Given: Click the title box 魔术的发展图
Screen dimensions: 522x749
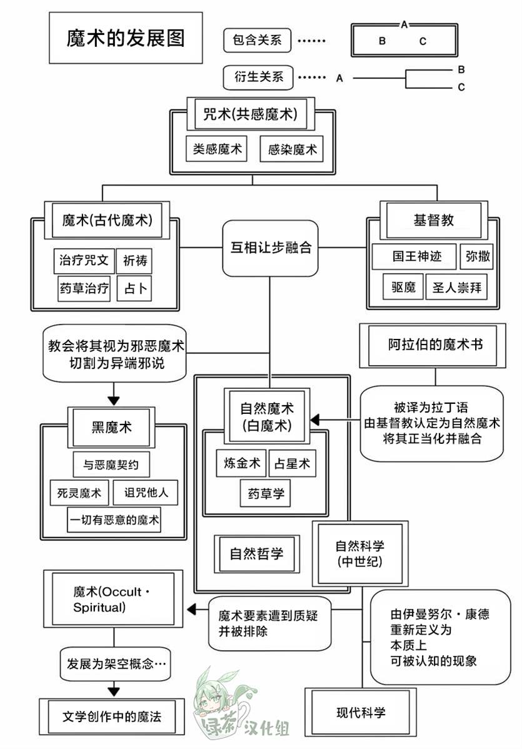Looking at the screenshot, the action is click(x=126, y=38).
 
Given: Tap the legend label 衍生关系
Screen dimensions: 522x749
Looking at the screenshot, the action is click(x=258, y=77).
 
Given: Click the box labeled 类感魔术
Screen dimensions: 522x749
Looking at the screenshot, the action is click(x=217, y=149).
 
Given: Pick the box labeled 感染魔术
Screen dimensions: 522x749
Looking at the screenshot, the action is click(x=292, y=149).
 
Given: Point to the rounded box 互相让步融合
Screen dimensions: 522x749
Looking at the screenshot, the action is click(x=270, y=248).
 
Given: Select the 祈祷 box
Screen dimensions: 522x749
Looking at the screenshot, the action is click(x=135, y=260).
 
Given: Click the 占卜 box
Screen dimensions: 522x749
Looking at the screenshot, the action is click(x=134, y=288).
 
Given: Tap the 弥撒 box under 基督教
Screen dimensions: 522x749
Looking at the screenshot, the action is click(x=478, y=256).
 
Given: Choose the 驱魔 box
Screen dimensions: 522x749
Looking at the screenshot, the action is click(x=403, y=287).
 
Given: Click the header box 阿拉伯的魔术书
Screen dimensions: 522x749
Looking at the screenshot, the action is click(x=433, y=345).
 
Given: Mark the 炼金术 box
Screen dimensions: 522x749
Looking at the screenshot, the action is click(x=241, y=463).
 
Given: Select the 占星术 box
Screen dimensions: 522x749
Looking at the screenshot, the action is click(x=293, y=463).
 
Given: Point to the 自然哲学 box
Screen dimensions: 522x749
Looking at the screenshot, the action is click(x=257, y=554).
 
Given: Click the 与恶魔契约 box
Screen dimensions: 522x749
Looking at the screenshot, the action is click(x=111, y=465).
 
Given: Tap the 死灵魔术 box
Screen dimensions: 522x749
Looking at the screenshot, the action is click(x=79, y=493).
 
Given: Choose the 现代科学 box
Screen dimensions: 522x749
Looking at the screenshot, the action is click(x=361, y=713).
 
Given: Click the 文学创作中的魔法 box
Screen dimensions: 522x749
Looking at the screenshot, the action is click(x=112, y=716).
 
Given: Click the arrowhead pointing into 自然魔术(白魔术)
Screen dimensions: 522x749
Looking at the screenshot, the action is click(x=314, y=420).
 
